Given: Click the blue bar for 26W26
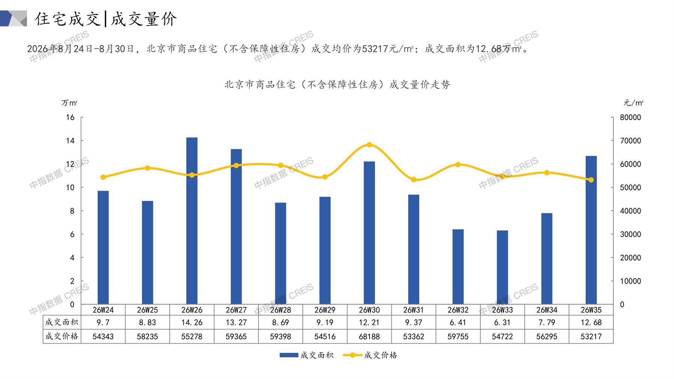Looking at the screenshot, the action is [x=192, y=221].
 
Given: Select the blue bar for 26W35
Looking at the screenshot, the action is [x=591, y=230].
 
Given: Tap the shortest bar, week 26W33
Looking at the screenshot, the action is [x=502, y=267].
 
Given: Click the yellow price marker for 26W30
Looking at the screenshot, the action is [x=369, y=145].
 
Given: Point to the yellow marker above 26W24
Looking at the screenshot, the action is [x=103, y=177].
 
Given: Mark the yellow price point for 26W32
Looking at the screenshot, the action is [x=458, y=164].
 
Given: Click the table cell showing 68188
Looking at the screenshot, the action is [x=369, y=337].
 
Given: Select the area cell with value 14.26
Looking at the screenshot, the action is [x=192, y=322].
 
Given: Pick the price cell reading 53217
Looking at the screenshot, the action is [x=591, y=337].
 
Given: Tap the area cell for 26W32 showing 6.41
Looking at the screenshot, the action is [x=458, y=322].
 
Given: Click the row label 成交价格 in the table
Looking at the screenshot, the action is [x=62, y=336].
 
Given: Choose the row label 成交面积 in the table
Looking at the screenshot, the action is [x=62, y=322].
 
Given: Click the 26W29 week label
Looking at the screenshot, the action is [x=325, y=310].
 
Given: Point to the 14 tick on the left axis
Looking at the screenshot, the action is [x=70, y=141].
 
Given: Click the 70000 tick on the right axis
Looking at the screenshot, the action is [x=630, y=141].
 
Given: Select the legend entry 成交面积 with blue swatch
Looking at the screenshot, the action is [x=306, y=355].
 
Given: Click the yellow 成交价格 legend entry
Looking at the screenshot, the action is [x=370, y=355].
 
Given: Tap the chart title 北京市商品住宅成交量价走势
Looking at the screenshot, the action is [x=337, y=85].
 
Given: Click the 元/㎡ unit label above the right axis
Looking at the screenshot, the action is [x=633, y=103].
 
